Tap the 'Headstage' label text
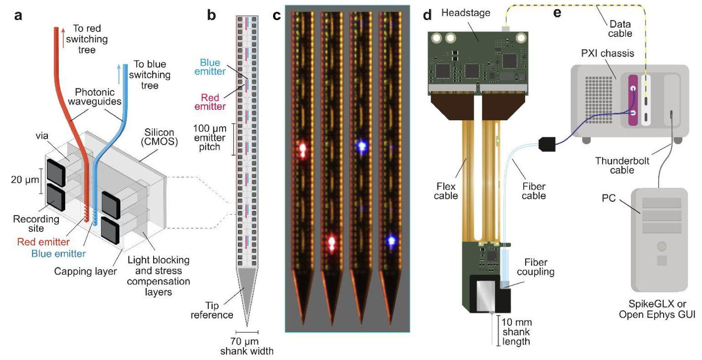coord(465,13)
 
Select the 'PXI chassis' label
coord(607,53)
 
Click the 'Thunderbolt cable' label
coord(622,165)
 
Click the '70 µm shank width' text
coord(247,346)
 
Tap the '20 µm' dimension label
coord(25,180)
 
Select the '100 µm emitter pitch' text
coord(210,138)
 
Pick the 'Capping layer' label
coord(85,272)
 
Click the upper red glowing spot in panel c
coord(302,149)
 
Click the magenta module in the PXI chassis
coord(633,100)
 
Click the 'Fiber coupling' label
coord(536,267)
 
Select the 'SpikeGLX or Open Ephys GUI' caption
coord(657,309)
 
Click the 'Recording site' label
coord(36,223)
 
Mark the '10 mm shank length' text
coord(516,332)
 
